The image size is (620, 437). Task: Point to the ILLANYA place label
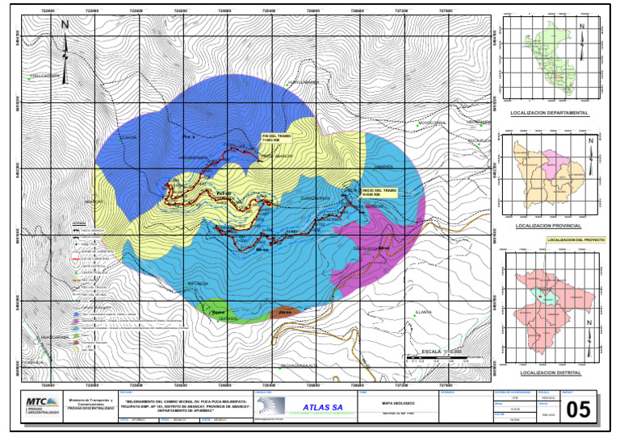[423, 311]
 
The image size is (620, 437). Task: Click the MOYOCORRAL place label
[432, 123]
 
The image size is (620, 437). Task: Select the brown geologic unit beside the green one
[283, 311]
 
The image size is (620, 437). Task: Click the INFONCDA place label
[198, 284]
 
